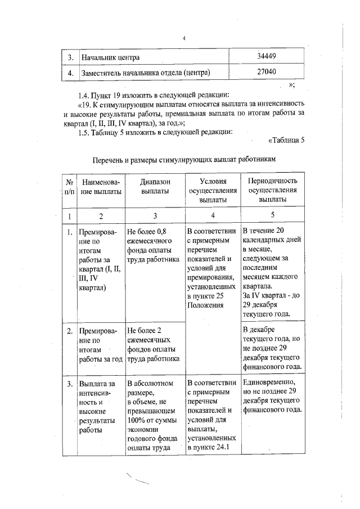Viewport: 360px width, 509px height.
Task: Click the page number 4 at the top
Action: (x=183, y=38)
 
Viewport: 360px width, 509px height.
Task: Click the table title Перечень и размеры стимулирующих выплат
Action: (x=185, y=160)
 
